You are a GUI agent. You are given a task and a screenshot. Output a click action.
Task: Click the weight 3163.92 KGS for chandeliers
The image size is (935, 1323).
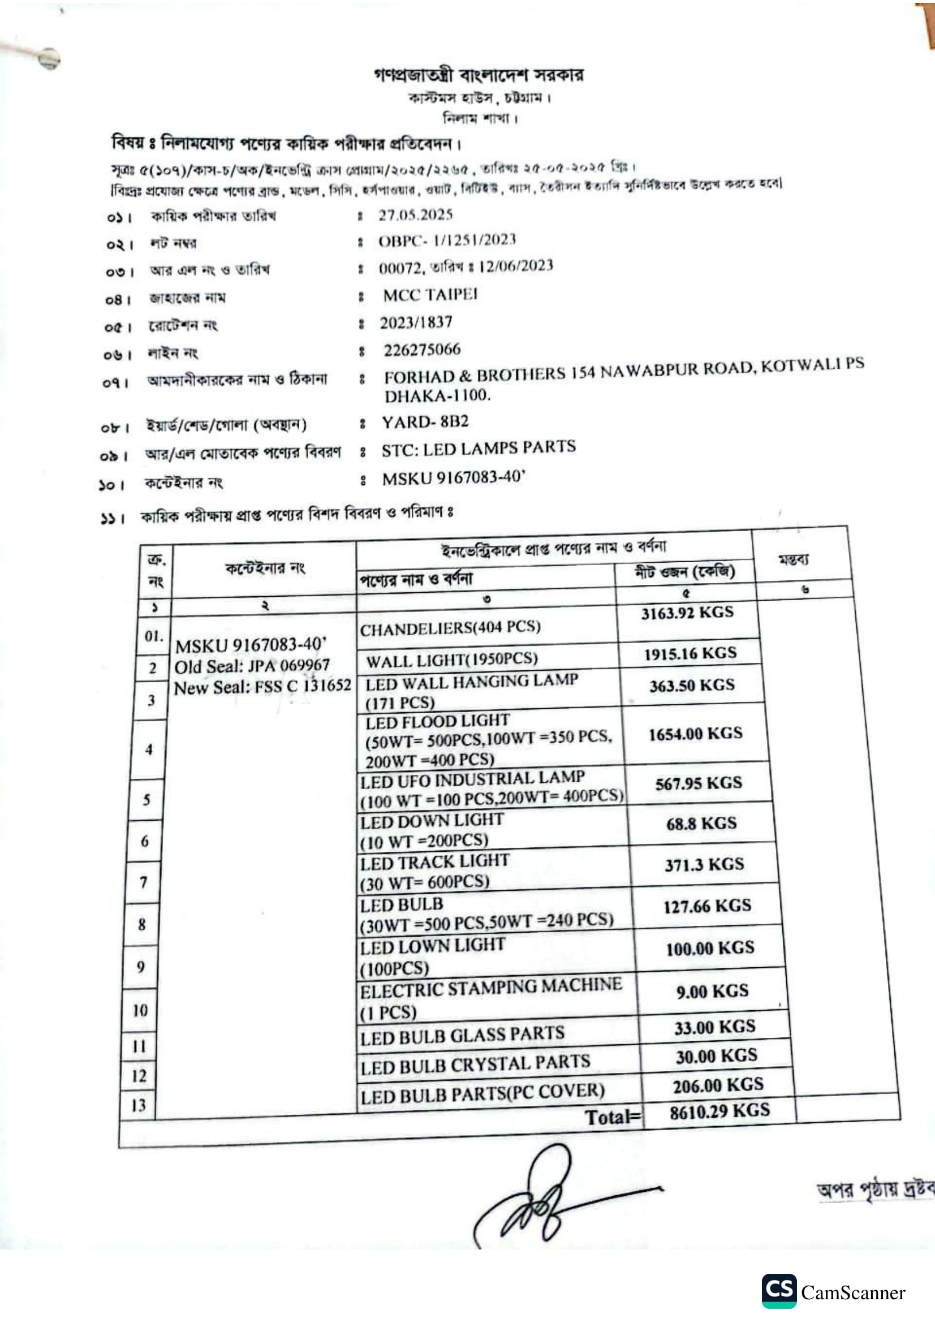(687, 612)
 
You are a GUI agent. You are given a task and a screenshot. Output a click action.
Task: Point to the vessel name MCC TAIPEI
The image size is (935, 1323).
(430, 295)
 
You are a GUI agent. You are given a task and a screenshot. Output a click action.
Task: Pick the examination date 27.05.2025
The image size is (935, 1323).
(415, 215)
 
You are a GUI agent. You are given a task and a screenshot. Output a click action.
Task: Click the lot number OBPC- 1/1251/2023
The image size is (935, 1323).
(446, 240)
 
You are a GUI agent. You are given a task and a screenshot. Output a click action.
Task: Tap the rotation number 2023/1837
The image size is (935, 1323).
(415, 322)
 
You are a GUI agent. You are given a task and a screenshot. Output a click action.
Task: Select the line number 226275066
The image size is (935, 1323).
(422, 349)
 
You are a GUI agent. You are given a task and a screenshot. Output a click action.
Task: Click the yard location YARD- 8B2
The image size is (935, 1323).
(425, 422)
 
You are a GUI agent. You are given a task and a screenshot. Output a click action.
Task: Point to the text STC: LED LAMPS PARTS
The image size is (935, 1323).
(478, 449)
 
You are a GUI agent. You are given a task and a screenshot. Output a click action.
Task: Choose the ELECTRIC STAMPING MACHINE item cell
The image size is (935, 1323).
(490, 998)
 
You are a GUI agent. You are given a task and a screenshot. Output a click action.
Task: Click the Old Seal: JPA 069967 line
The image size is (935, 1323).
(252, 666)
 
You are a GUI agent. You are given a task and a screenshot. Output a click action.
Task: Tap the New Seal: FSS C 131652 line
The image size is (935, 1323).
(262, 687)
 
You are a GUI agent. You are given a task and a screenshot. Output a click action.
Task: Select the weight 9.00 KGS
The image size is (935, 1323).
(712, 991)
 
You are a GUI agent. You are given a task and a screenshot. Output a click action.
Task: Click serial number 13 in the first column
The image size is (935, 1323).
(139, 1105)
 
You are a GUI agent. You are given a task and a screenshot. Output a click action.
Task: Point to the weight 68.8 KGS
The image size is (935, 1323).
(701, 823)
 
